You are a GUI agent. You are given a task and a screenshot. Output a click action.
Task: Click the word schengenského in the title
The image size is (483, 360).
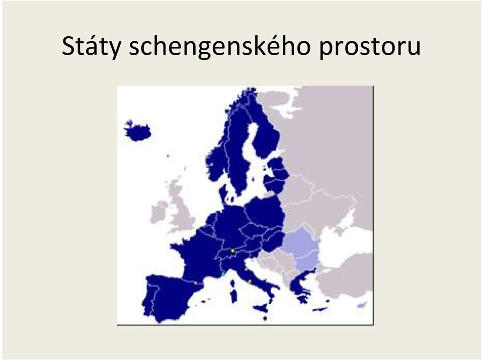pos(219,46)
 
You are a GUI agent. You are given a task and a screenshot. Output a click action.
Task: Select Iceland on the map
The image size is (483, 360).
pos(137,131)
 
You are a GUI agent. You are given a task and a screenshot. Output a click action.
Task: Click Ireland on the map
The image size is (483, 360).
pos(158,212)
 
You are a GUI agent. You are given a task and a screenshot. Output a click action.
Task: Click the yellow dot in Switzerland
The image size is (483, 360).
pos(233,251)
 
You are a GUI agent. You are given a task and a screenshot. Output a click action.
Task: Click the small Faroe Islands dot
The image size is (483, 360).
pos(168,156)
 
